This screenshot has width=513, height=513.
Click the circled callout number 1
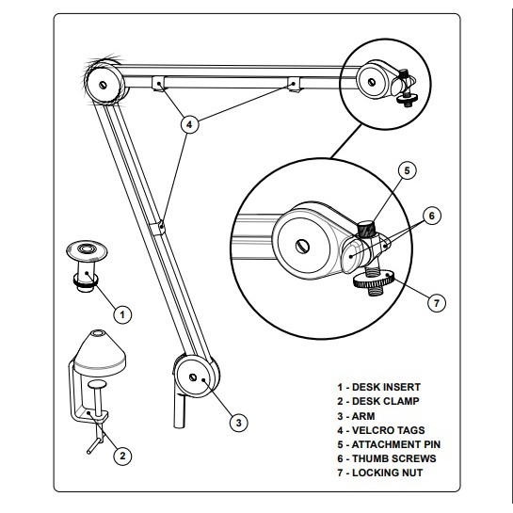click(x=122, y=314)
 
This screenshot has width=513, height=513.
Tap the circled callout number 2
click(x=122, y=456)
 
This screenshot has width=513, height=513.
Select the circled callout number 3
click(x=238, y=423)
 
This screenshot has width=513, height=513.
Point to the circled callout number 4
click(x=190, y=124)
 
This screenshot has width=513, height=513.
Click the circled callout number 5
click(x=407, y=170)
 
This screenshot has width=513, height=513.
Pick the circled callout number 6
click(x=432, y=216)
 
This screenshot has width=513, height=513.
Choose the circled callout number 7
click(x=437, y=303)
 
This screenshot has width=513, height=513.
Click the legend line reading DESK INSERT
click(x=378, y=387)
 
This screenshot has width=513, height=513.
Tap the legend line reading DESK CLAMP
click(x=378, y=401)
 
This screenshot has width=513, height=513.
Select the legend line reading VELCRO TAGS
click(x=381, y=430)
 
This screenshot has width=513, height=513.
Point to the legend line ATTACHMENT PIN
click(x=389, y=444)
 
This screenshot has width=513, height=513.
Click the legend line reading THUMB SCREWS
click(x=387, y=458)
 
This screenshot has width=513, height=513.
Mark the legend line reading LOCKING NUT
click(x=380, y=473)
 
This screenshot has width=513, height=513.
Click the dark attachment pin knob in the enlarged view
click(x=366, y=229)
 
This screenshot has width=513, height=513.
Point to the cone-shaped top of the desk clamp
click(x=100, y=353)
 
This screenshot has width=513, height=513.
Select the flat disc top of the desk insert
click(x=87, y=250)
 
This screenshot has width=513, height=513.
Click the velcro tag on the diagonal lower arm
click(x=157, y=228)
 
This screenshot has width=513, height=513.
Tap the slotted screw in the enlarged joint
click(x=303, y=246)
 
